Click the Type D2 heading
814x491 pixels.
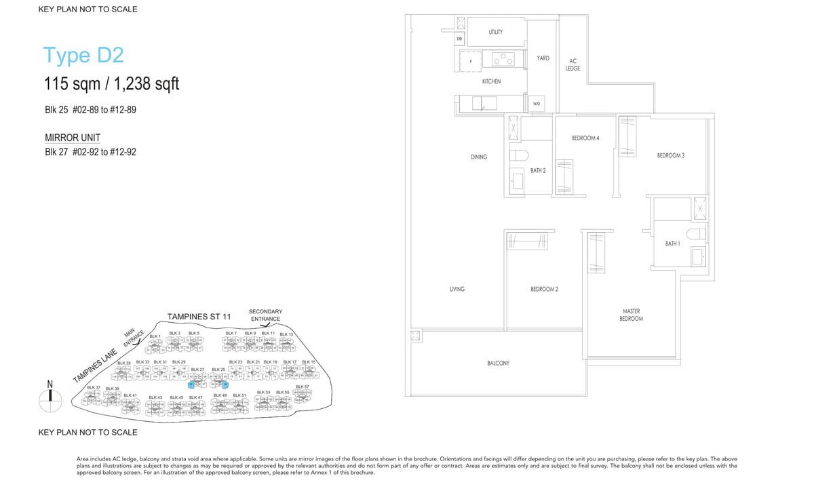click(x=83, y=56)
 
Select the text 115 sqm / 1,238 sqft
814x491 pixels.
click(x=111, y=84)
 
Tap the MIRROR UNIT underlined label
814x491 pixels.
click(x=73, y=138)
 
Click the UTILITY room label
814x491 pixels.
click(x=495, y=32)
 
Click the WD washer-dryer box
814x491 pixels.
click(x=536, y=104)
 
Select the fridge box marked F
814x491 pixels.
click(x=471, y=60)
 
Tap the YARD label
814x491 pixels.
click(x=543, y=58)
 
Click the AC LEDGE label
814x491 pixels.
click(x=573, y=64)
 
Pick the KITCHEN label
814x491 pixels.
click(x=491, y=81)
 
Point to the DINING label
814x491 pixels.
click(x=479, y=157)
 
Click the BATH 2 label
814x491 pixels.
click(x=538, y=170)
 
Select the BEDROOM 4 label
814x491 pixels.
click(x=585, y=138)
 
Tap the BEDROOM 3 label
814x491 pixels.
click(x=670, y=156)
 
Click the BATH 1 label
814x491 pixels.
click(x=672, y=243)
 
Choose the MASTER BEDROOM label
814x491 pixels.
click(x=632, y=315)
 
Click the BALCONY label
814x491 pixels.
click(x=498, y=364)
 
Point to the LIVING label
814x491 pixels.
click(x=457, y=289)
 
